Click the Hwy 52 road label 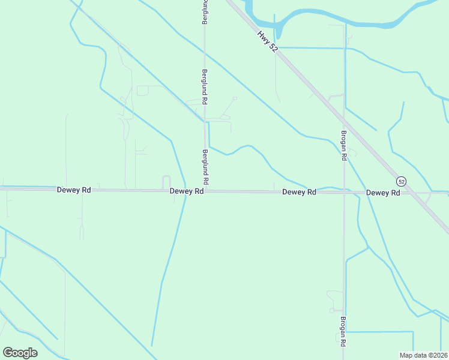(268, 42)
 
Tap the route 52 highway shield (402, 181)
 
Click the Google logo (20, 353)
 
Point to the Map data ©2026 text (423, 355)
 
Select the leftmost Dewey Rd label (74, 190)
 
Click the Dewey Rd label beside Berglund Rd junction (187, 191)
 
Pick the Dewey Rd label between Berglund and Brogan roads (299, 192)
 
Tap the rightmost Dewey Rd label (383, 193)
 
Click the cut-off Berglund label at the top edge (205, 12)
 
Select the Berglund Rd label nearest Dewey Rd (205, 167)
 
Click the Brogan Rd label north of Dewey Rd (344, 146)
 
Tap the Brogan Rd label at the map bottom (343, 331)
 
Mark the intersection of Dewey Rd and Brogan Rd (344, 193)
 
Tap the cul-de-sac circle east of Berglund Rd (235, 98)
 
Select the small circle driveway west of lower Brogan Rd (331, 311)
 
